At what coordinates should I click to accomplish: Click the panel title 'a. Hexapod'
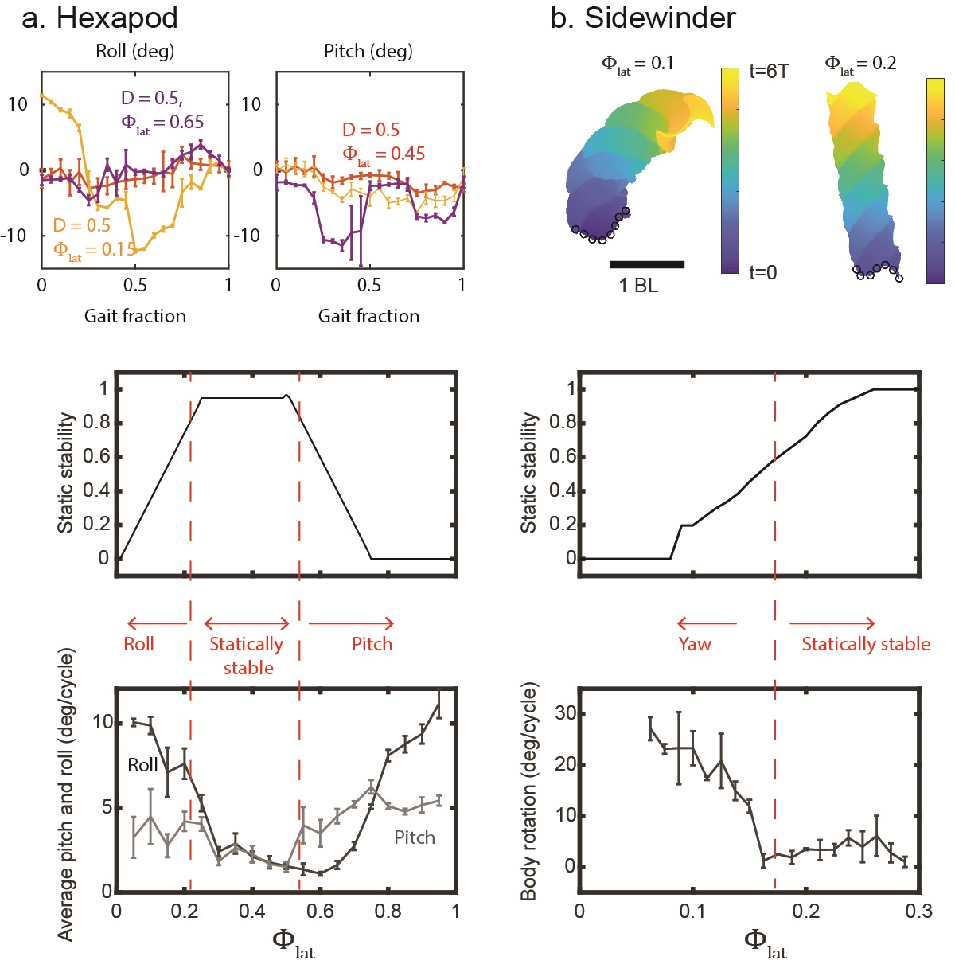(x=99, y=18)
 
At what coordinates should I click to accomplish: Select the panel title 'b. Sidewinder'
(x=643, y=18)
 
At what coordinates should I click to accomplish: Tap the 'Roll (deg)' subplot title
(x=134, y=52)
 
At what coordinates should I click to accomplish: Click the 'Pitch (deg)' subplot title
(x=368, y=52)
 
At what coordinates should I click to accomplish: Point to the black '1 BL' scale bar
(x=647, y=264)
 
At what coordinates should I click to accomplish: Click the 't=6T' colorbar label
(x=768, y=72)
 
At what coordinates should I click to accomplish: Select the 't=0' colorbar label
(x=762, y=273)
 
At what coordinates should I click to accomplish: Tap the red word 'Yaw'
(x=694, y=644)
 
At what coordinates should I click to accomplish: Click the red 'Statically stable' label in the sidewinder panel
(x=866, y=644)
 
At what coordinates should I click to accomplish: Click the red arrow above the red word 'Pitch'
(x=351, y=623)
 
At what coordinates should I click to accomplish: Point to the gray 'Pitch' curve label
(x=415, y=837)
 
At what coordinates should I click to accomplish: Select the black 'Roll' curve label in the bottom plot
(x=142, y=765)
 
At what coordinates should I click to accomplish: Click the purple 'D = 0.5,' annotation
(x=152, y=98)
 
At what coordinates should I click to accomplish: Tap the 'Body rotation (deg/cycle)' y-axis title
(x=529, y=791)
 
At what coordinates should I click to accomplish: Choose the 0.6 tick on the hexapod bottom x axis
(x=320, y=911)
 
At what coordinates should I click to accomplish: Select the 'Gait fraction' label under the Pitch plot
(x=368, y=316)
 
